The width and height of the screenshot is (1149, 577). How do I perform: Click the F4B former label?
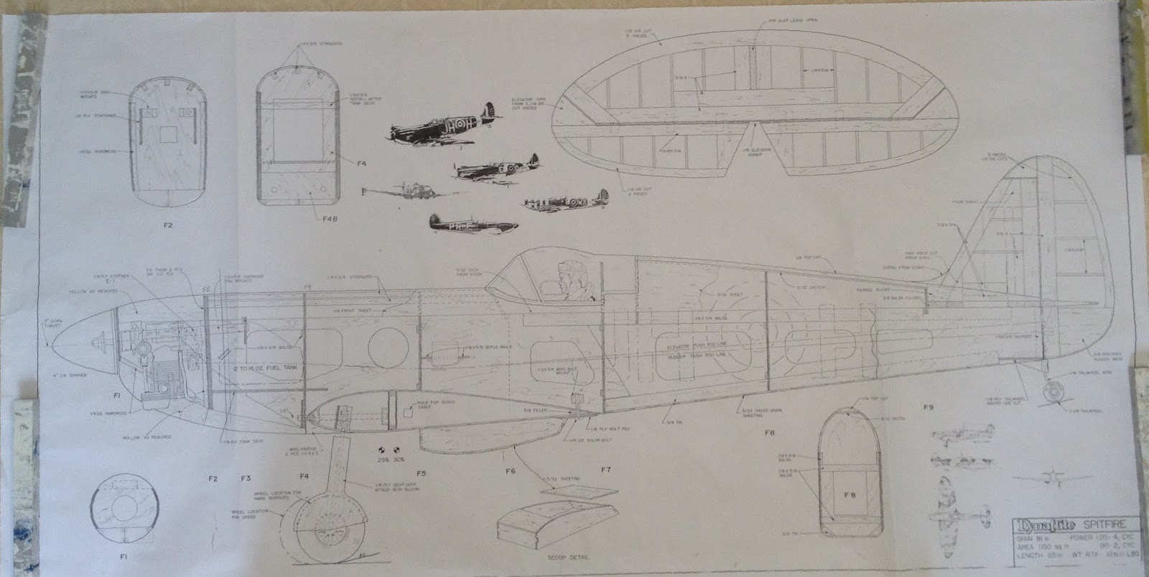(310, 217)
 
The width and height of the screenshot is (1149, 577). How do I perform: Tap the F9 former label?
(929, 408)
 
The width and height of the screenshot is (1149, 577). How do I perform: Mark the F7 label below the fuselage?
(605, 470)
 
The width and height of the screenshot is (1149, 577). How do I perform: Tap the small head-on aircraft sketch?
(1035, 476)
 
